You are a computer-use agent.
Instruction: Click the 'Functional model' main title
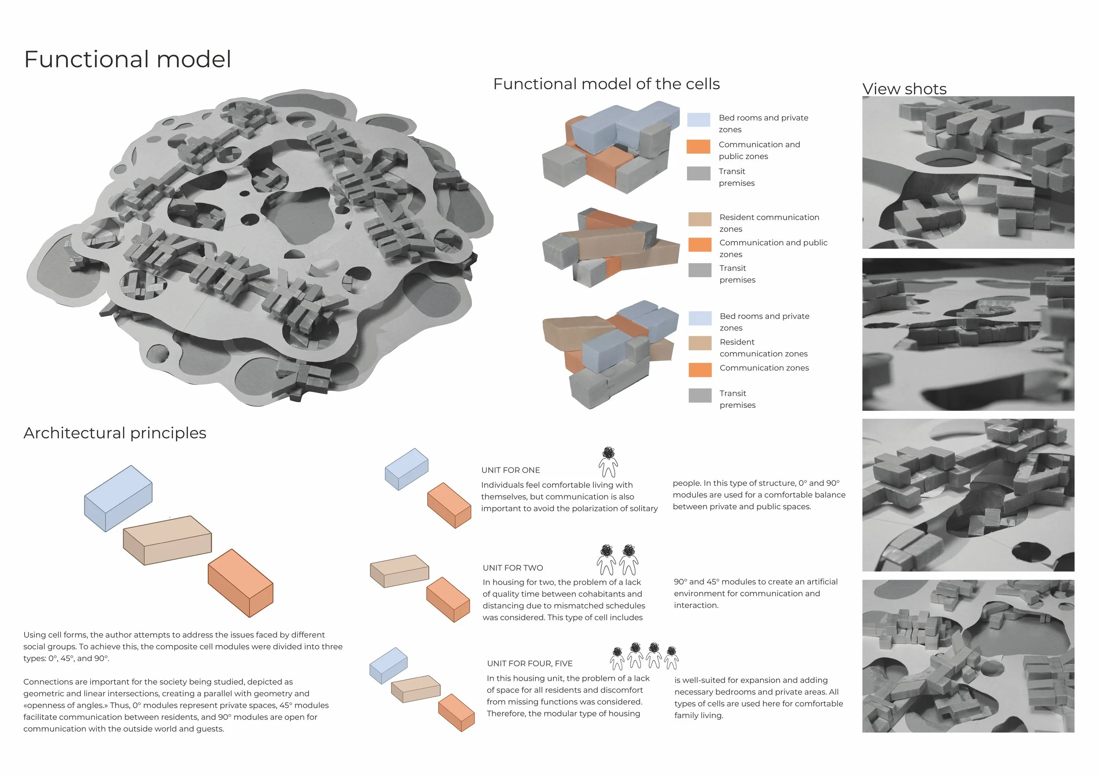[x=127, y=59]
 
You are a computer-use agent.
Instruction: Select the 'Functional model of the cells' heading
[x=606, y=84]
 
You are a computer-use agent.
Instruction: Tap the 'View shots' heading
[x=904, y=88]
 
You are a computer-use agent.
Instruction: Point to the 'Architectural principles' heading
[x=115, y=432]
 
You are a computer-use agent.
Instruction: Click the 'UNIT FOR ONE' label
[x=510, y=470]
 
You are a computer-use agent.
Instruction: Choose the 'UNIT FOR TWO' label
[x=513, y=567]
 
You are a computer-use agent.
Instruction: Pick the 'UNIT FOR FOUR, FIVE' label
[x=529, y=663]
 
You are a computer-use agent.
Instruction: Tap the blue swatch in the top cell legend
[x=698, y=120]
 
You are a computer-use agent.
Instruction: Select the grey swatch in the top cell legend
[x=698, y=173]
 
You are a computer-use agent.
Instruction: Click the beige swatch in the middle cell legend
[x=700, y=219]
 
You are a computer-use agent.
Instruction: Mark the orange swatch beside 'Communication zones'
[x=700, y=369]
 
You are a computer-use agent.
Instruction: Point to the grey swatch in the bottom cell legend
[x=700, y=395]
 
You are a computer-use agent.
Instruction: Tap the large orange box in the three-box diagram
[x=241, y=582]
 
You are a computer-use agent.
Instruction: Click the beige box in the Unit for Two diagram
[x=400, y=570]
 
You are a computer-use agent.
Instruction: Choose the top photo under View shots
[x=968, y=172]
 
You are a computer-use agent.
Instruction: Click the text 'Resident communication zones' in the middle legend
[x=769, y=223]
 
